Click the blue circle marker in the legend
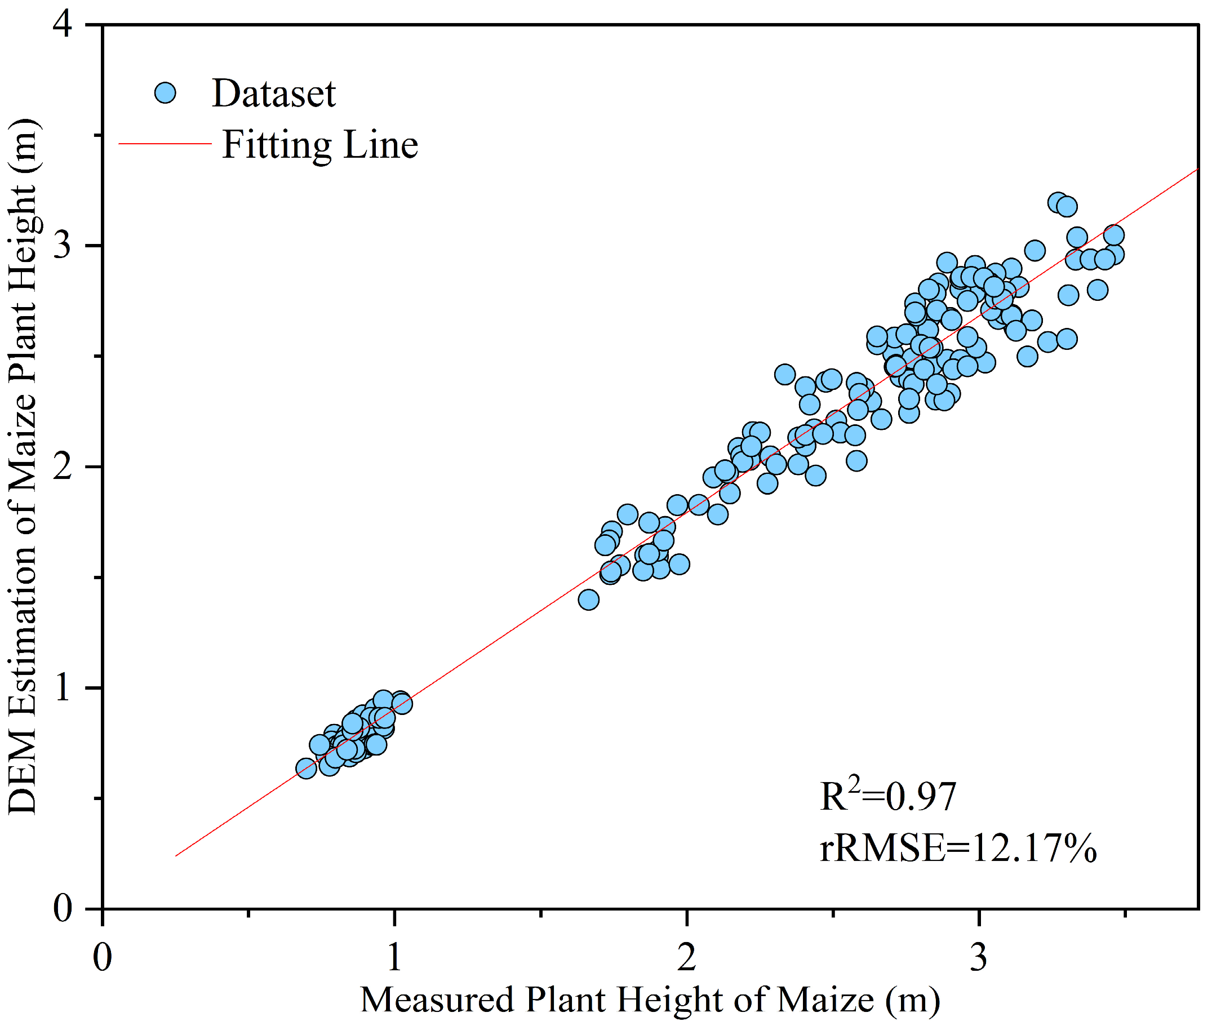[x=166, y=92]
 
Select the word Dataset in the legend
[x=274, y=94]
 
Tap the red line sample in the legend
[x=165, y=143]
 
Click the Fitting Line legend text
[x=320, y=145]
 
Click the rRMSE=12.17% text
[x=958, y=848]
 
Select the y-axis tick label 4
[x=62, y=25]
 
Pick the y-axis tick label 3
[x=62, y=246]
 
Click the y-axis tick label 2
[x=62, y=467]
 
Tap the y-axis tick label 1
[x=62, y=687]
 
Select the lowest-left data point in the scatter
[x=306, y=769]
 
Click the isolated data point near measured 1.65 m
[x=589, y=599]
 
